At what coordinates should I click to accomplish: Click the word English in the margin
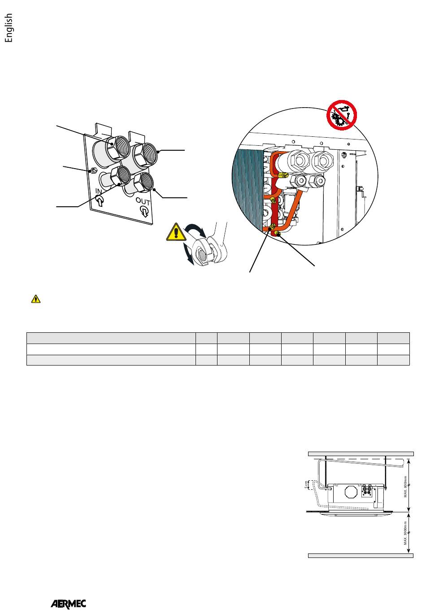(x=9, y=28)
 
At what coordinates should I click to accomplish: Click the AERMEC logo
(x=68, y=604)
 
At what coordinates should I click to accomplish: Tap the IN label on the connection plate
(x=99, y=191)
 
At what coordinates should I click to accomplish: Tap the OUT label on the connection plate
(x=143, y=202)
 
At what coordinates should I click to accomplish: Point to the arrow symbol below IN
(x=100, y=200)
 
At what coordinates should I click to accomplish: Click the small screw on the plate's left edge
(x=93, y=171)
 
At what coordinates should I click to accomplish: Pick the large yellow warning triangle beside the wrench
(x=175, y=232)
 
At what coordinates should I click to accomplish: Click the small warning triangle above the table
(x=36, y=299)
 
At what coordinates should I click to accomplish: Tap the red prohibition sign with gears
(x=341, y=115)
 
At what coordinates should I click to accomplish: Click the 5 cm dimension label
(x=306, y=485)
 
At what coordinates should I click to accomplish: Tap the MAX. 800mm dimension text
(x=405, y=487)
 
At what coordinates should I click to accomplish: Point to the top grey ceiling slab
(x=361, y=454)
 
